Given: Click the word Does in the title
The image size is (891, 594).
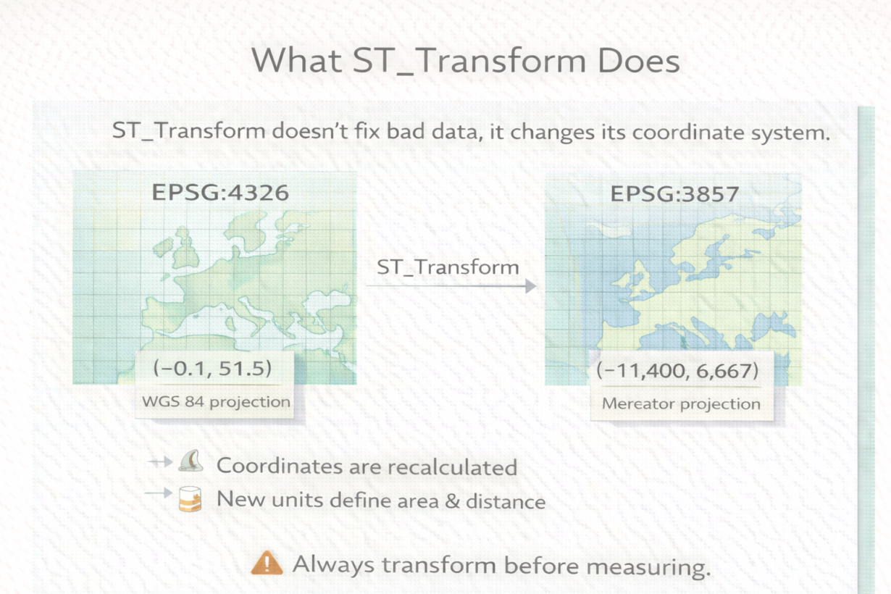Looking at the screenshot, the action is click(x=638, y=61).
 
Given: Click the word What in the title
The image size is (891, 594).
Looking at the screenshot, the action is click(x=297, y=60).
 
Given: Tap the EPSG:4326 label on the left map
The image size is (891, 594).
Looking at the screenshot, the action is click(x=220, y=193).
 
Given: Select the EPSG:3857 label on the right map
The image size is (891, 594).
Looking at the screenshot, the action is click(x=674, y=194).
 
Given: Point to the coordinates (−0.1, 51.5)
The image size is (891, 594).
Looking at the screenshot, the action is click(x=212, y=368).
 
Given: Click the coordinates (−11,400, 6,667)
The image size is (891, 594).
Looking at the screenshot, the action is click(x=677, y=371).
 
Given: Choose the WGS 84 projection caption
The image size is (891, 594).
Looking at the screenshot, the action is click(x=216, y=402).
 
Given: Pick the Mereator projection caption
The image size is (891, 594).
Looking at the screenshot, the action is click(x=681, y=403).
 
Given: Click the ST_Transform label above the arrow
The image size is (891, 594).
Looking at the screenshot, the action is click(x=448, y=267).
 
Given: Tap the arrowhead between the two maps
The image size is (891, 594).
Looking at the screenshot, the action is click(x=531, y=285).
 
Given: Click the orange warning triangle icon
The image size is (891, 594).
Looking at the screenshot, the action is click(x=267, y=563).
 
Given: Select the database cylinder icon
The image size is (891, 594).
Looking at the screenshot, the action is click(x=190, y=498).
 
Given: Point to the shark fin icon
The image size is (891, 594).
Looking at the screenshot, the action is click(x=191, y=461).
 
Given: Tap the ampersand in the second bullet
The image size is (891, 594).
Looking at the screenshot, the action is click(x=452, y=501).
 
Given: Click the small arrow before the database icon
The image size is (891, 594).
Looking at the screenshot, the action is click(x=159, y=493).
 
